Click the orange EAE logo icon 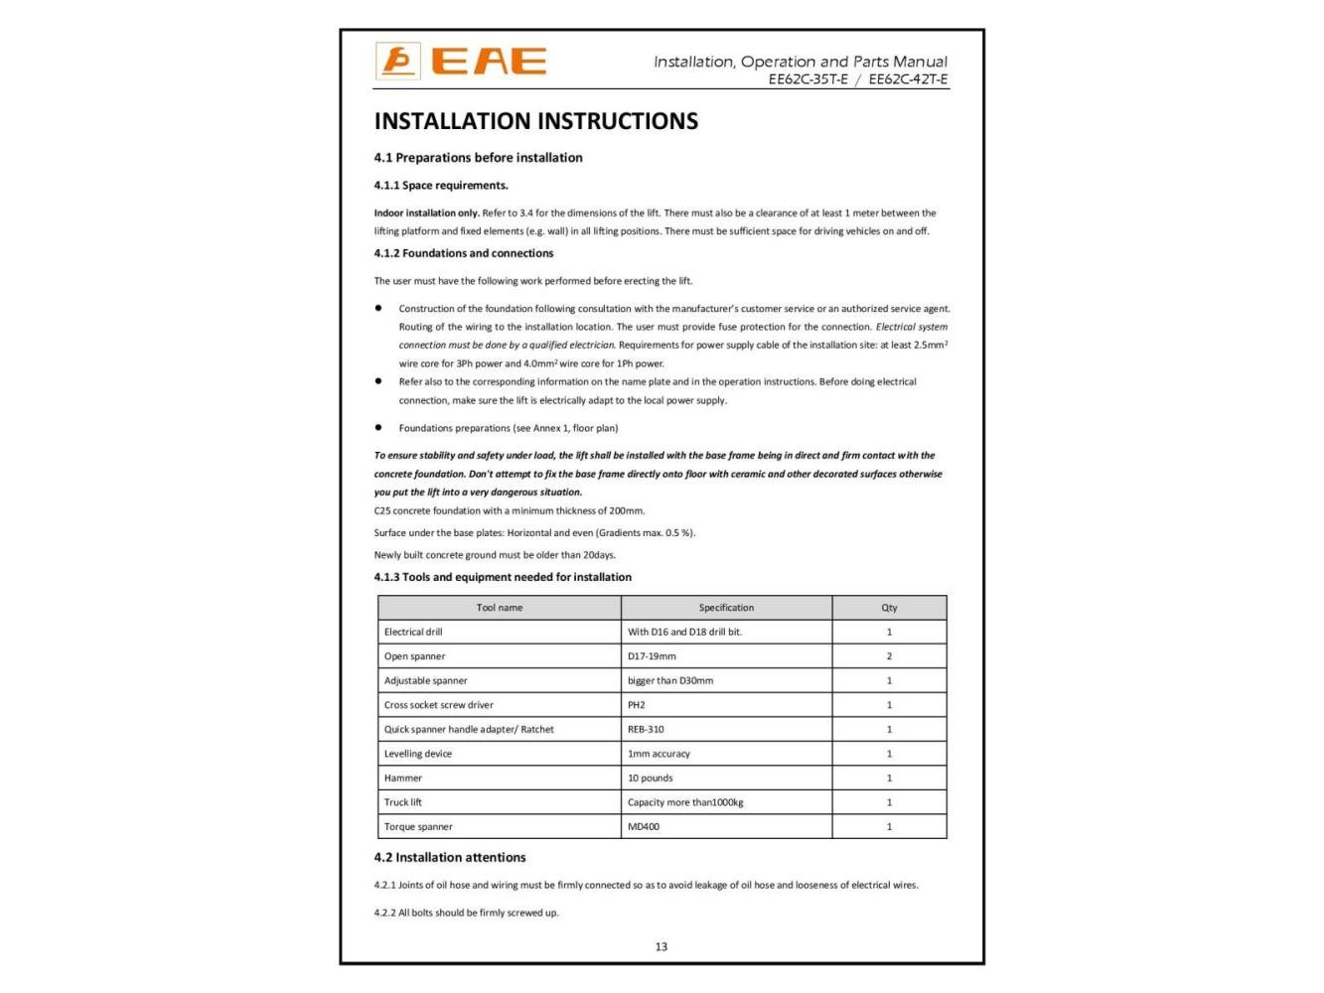click(398, 62)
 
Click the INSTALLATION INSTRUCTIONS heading click(535, 121)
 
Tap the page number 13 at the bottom click(662, 946)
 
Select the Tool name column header click(499, 608)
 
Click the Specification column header click(726, 608)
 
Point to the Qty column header click(889, 608)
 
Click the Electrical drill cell click(413, 632)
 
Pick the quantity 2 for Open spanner click(889, 656)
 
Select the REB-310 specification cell click(646, 729)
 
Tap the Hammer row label click(403, 778)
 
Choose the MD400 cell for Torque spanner click(644, 826)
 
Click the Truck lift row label click(403, 802)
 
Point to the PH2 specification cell click(637, 705)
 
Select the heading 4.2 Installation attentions click(450, 857)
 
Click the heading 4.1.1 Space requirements click(441, 185)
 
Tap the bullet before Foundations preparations click(378, 428)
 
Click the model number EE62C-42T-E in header click(908, 79)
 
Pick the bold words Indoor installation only click(426, 213)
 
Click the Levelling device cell click(418, 754)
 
